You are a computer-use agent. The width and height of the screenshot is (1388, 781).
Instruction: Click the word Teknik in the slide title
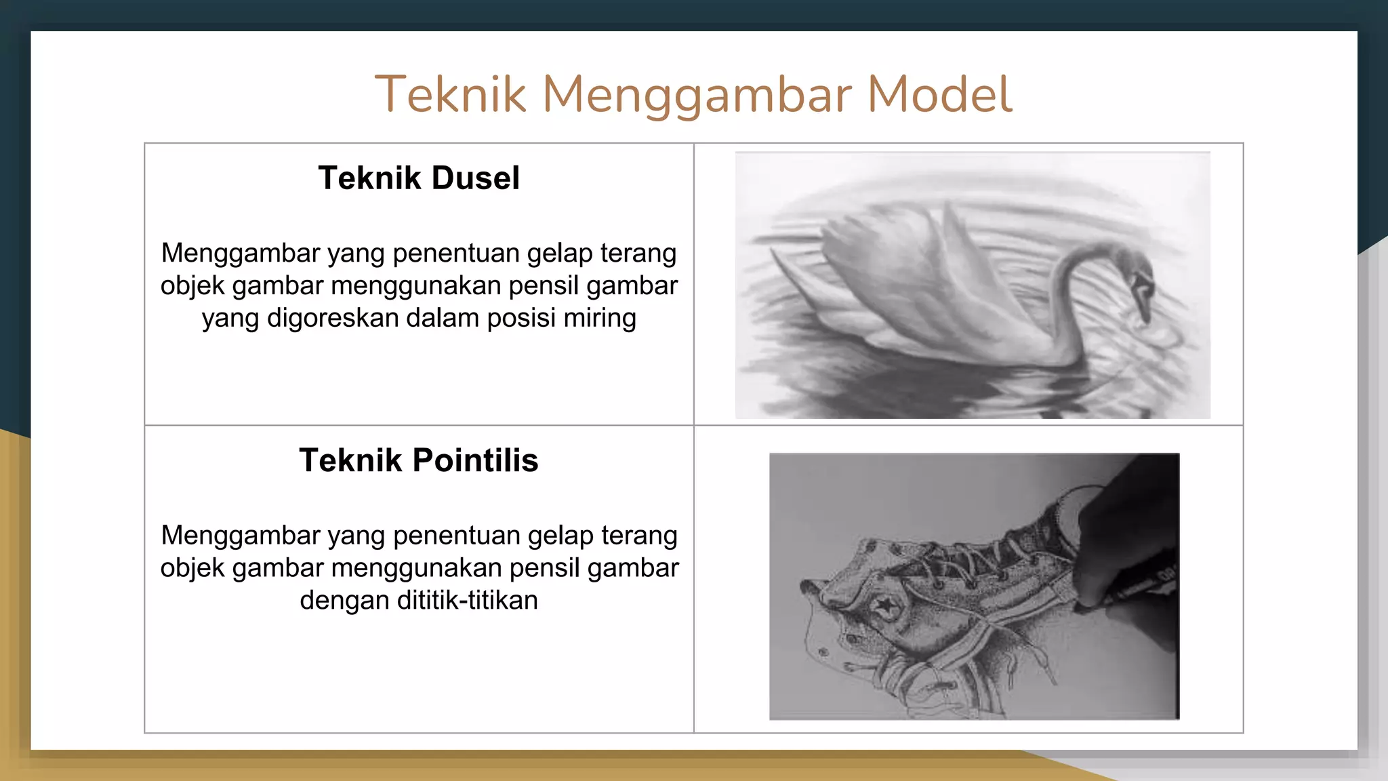(450, 94)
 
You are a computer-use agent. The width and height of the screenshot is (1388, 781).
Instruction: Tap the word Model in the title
(939, 94)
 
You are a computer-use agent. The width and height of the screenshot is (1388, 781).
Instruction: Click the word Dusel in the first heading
(475, 178)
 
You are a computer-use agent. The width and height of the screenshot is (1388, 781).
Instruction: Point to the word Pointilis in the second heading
(475, 460)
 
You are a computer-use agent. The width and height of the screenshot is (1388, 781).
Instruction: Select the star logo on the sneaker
(884, 605)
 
